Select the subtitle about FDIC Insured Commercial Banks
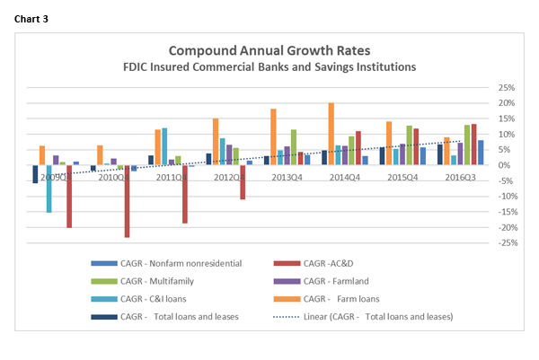point(270,66)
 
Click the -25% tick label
point(508,242)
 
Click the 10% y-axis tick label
point(508,135)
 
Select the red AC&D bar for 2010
point(127,201)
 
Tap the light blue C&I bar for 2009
point(49,189)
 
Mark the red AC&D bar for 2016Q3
point(473,145)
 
